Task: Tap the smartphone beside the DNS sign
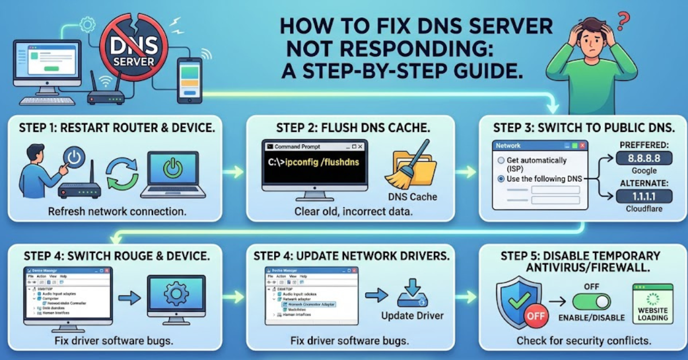tap(189, 81)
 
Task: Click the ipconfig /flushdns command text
tap(314, 162)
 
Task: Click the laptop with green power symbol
tap(173, 174)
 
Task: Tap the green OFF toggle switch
tap(591, 301)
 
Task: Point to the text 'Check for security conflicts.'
tap(583, 341)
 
